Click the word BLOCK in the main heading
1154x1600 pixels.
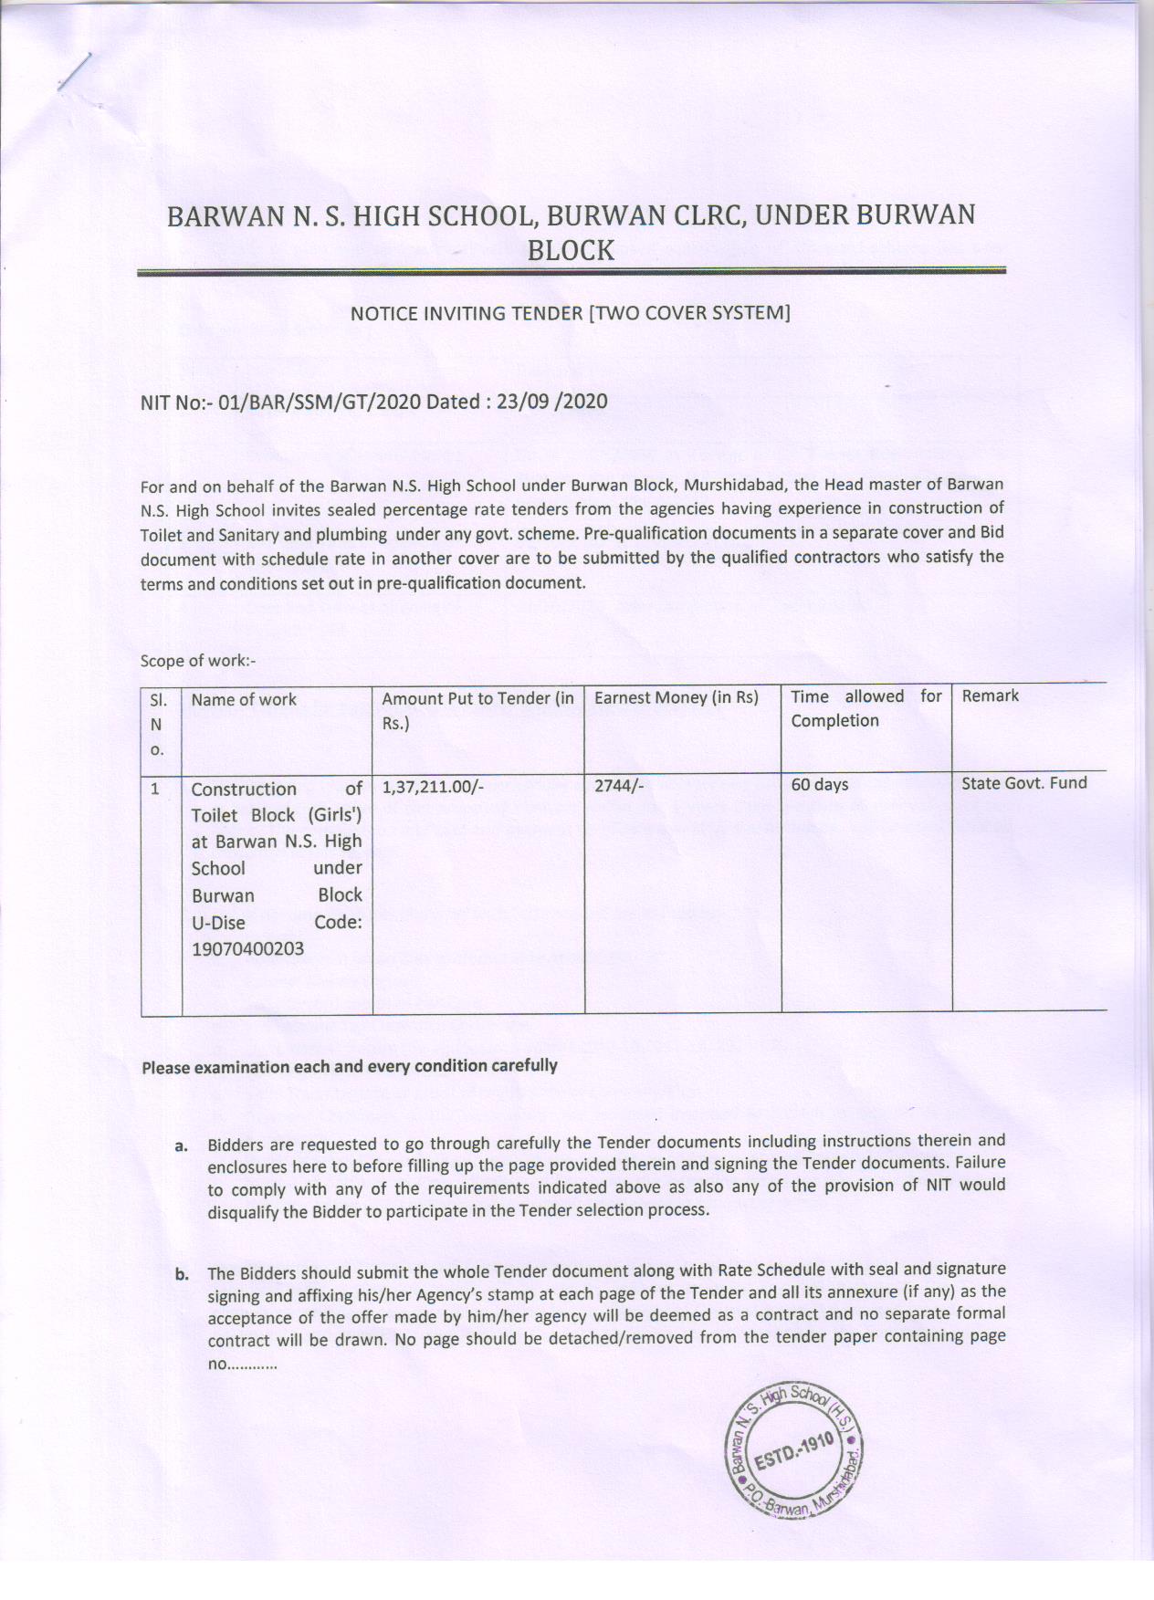(x=571, y=250)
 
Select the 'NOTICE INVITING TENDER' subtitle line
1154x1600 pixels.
(x=570, y=313)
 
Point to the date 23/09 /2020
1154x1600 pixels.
(x=551, y=402)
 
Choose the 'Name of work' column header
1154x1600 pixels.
(x=244, y=700)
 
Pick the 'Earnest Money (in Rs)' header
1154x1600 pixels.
(x=676, y=698)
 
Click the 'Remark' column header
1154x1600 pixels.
(x=990, y=696)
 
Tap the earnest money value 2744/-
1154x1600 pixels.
(x=619, y=785)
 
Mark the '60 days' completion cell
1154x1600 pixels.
(x=819, y=785)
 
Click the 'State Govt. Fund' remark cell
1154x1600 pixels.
(x=1023, y=783)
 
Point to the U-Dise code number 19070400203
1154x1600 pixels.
(x=247, y=949)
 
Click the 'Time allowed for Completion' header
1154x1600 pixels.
(x=865, y=708)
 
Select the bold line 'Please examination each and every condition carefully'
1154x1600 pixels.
(x=349, y=1066)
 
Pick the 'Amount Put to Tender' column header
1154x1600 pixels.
(x=477, y=710)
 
